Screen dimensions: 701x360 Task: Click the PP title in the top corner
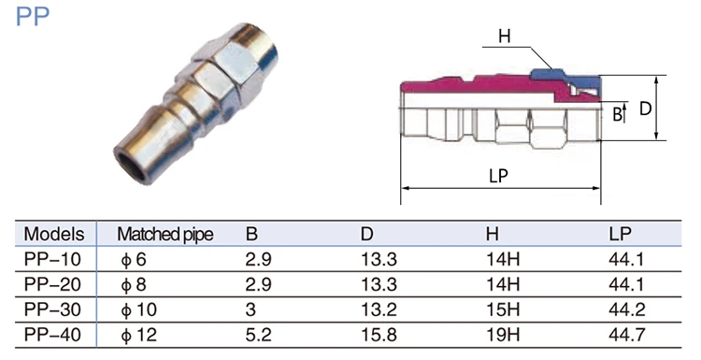coord(32,17)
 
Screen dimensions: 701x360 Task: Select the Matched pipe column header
coord(165,235)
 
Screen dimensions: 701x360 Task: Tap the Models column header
coord(54,234)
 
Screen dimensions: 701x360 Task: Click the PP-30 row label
coord(52,310)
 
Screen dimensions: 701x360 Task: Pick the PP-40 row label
coord(52,335)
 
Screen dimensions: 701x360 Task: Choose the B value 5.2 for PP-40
coord(258,335)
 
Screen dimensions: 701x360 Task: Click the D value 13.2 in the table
coord(379,310)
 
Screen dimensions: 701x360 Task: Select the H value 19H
coord(503,335)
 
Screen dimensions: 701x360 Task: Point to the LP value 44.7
coord(626,335)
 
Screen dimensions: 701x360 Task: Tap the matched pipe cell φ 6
coord(134,259)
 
